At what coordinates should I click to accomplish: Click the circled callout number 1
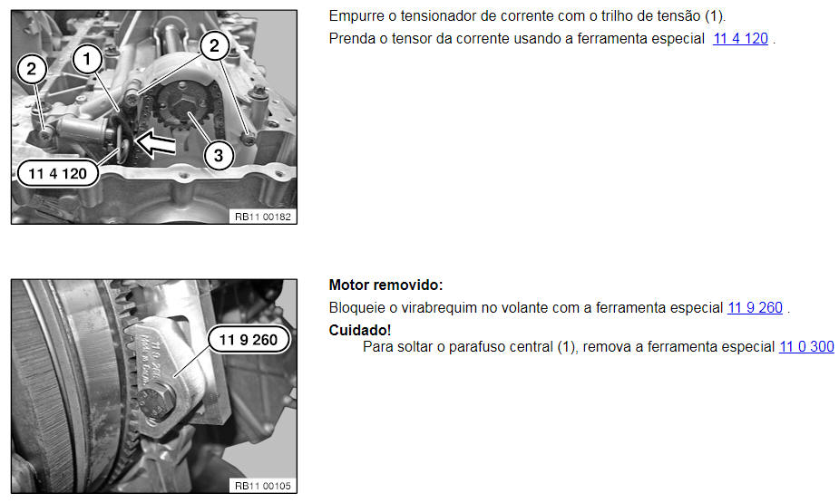coord(87,59)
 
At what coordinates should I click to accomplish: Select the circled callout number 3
coord(219,156)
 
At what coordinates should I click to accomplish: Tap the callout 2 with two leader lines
coord(215,46)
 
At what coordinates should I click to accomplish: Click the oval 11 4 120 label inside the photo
coord(58,174)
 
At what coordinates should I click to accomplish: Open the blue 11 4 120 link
coord(740,38)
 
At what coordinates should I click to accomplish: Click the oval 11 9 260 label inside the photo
coord(249,340)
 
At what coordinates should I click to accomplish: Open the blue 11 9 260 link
coord(755,308)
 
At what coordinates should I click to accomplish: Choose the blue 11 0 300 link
coord(806,347)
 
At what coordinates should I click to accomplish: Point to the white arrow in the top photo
coord(156,143)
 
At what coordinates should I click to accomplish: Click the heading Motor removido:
coord(385,285)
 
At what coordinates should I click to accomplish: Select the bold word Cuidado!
coord(360,330)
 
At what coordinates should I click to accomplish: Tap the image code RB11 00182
coord(263,217)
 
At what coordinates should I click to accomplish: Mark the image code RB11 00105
coord(263,486)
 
